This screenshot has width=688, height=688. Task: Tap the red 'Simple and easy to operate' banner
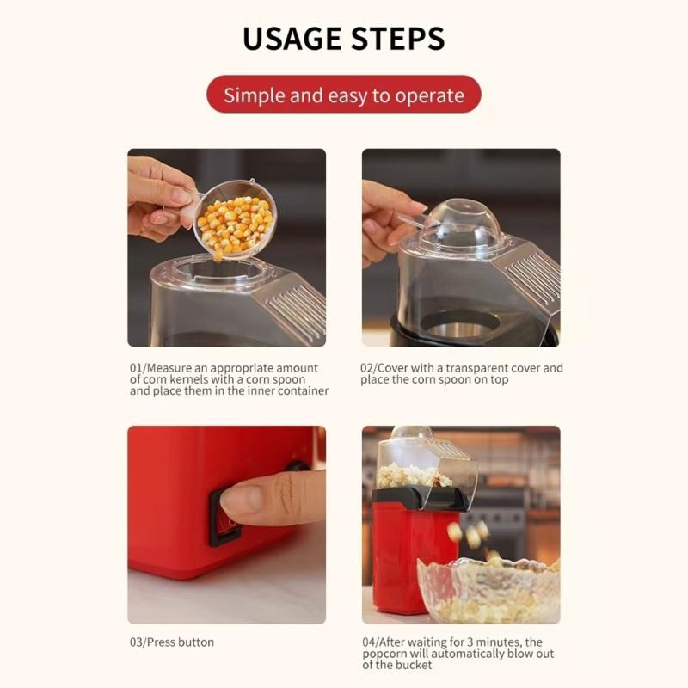(x=344, y=95)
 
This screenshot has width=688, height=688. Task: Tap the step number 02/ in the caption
(x=367, y=368)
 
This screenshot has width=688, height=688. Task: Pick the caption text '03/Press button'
(x=172, y=642)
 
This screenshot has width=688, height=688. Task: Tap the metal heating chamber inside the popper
(x=459, y=326)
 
